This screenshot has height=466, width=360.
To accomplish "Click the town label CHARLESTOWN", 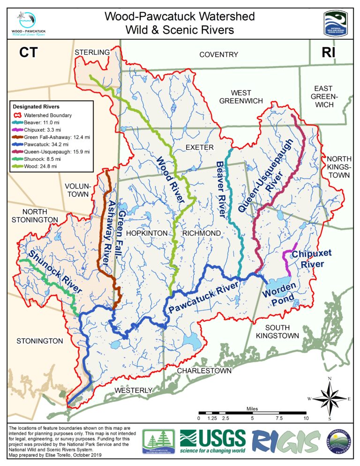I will click(x=204, y=371).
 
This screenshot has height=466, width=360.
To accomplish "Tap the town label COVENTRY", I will click(x=218, y=55).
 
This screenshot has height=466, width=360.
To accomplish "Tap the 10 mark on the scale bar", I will click(x=306, y=418).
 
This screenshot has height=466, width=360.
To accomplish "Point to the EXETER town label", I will click(x=199, y=147).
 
